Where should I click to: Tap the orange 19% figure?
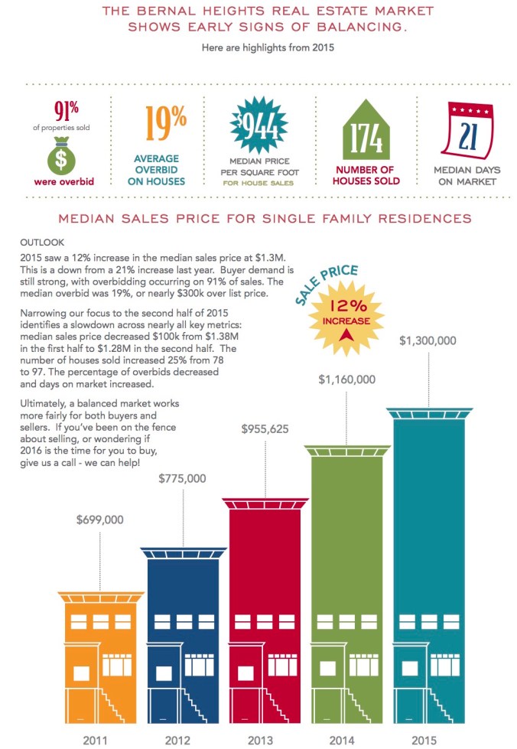click(165, 122)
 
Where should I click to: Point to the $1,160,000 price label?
click(346, 379)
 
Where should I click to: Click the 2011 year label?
click(100, 740)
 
